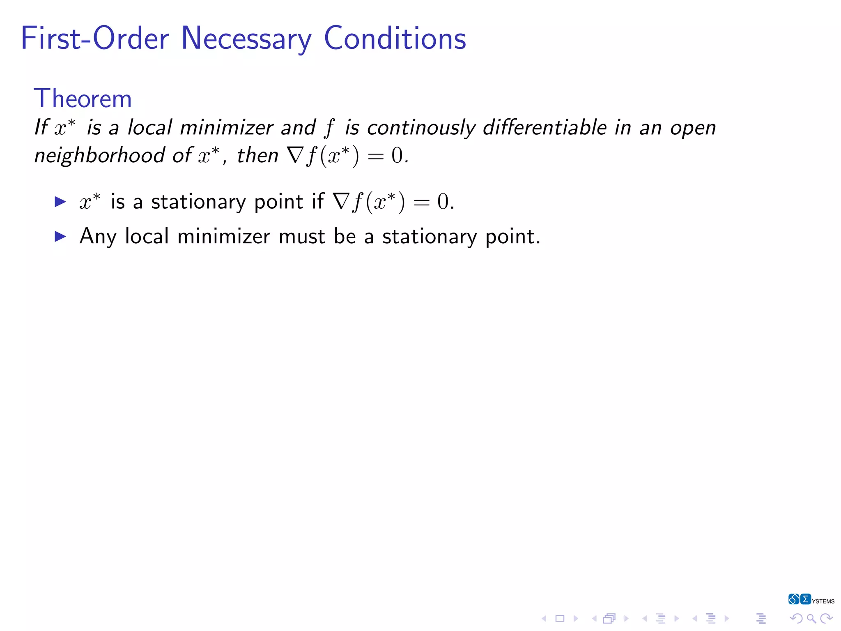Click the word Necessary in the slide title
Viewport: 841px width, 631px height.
tap(246, 39)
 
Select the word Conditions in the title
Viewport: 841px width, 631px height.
tap(395, 39)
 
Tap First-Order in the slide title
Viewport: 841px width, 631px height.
tap(95, 39)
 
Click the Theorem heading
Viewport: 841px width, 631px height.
tap(83, 99)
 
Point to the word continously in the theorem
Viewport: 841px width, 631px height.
tap(421, 128)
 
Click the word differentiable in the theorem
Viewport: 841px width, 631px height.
tap(545, 127)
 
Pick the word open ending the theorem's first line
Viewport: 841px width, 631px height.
tap(693, 128)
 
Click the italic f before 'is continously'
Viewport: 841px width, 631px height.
tap(329, 128)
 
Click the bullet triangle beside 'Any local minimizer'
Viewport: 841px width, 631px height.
tap(60, 236)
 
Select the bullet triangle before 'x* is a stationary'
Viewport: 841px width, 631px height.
tap(60, 201)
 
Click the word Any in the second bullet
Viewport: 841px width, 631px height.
tap(98, 237)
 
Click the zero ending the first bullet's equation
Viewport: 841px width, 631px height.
tap(443, 202)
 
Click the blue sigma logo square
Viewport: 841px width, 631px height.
tap(805, 599)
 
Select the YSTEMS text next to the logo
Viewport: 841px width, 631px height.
tap(823, 601)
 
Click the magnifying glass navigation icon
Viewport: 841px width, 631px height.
tap(811, 618)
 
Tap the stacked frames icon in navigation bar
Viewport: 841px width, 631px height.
tap(609, 618)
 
